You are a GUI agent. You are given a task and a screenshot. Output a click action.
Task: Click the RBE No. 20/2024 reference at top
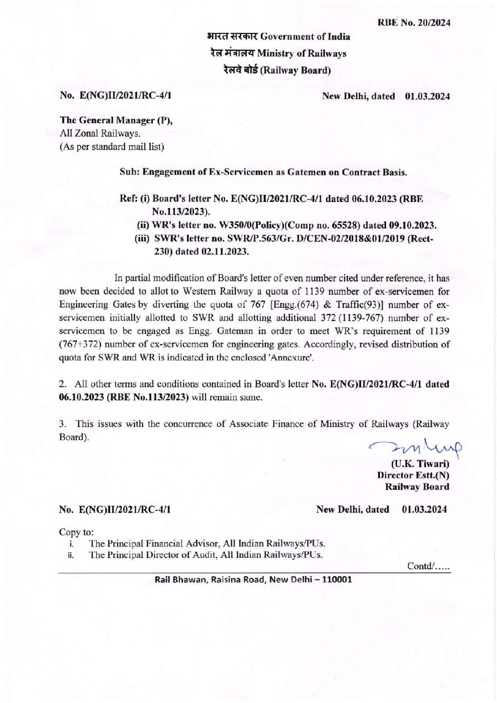[413, 22]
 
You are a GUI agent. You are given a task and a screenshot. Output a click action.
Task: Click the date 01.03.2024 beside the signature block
[424, 509]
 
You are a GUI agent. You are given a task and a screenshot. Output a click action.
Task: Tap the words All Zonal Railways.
[100, 133]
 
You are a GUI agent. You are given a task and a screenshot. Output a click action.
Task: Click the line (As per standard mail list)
[111, 147]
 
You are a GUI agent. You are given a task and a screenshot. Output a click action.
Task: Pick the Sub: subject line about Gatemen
[263, 172]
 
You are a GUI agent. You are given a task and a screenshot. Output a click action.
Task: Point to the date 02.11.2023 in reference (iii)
[225, 251]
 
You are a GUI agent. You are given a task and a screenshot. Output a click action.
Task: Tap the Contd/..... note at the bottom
[428, 566]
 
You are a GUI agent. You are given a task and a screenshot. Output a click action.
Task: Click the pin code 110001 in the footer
[336, 579]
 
